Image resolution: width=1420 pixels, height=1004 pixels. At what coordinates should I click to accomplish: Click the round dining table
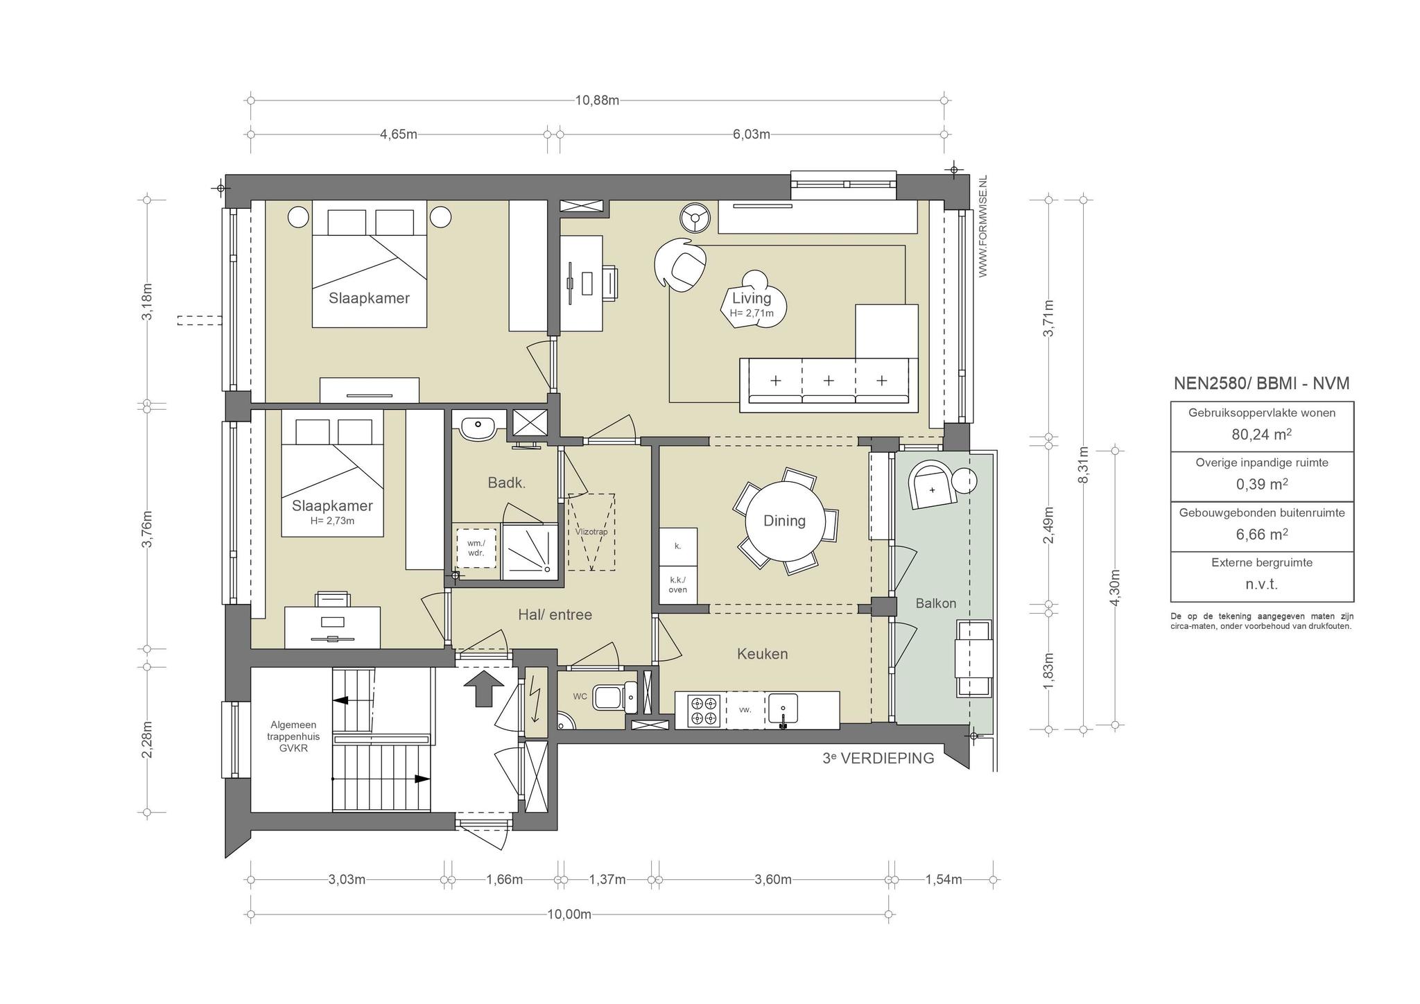[x=785, y=521]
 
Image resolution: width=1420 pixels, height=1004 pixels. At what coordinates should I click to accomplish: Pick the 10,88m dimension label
[x=597, y=100]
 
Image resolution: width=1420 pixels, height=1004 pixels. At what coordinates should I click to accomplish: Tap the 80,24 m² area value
[x=1262, y=434]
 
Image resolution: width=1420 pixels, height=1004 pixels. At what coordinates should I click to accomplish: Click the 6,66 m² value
[x=1262, y=534]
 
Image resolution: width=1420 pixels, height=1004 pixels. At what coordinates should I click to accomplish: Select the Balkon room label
[x=935, y=603]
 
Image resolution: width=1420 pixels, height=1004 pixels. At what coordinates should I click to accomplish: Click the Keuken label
[x=762, y=654]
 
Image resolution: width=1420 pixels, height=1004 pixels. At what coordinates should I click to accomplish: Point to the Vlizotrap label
[x=591, y=532]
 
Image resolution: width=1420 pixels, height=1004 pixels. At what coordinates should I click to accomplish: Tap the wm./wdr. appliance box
[x=476, y=548]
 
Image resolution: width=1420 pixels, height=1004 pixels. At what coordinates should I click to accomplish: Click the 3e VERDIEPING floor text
[x=878, y=758]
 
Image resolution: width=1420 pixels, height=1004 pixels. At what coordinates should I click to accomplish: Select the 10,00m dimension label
[x=569, y=914]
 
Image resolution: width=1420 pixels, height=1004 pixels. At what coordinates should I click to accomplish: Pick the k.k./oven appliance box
[x=677, y=585]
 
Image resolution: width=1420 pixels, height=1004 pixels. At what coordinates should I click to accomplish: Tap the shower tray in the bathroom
[x=529, y=551]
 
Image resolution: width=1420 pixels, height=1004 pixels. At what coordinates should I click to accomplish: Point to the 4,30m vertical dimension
[x=1115, y=587]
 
